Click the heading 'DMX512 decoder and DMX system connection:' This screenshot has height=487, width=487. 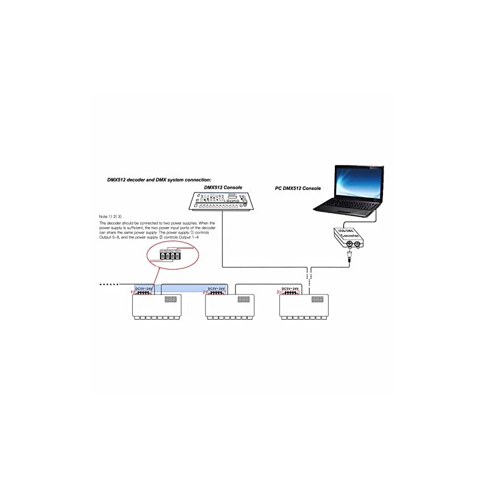click(x=159, y=180)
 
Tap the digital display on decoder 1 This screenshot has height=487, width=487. click(x=170, y=300)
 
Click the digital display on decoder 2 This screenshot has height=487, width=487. click(x=243, y=300)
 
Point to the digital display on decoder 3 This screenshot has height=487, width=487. click(x=317, y=300)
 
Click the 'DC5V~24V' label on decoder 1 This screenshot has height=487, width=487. click(x=144, y=288)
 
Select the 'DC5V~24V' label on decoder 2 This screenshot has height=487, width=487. click(x=217, y=288)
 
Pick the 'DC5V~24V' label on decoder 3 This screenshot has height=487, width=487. click(x=292, y=288)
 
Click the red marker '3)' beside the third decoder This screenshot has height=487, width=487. click(x=279, y=293)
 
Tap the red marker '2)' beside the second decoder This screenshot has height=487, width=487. click(x=205, y=293)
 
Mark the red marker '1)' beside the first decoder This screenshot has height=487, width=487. click(x=131, y=293)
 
